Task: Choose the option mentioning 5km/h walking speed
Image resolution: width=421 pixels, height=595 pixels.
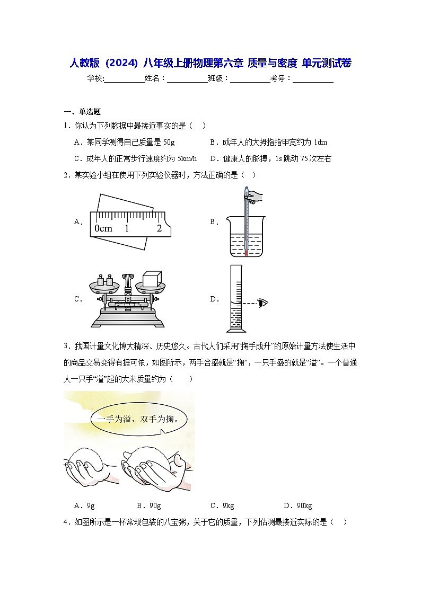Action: click(x=135, y=158)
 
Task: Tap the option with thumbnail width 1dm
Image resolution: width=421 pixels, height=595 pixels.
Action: click(x=268, y=143)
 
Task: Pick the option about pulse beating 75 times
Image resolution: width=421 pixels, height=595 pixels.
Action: click(x=270, y=158)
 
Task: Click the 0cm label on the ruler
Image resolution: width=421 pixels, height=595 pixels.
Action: click(x=103, y=228)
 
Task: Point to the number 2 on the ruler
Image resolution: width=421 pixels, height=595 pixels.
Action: click(x=159, y=228)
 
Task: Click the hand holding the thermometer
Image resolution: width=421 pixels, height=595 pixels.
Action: click(x=255, y=197)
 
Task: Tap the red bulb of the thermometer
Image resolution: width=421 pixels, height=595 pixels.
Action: click(x=246, y=254)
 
